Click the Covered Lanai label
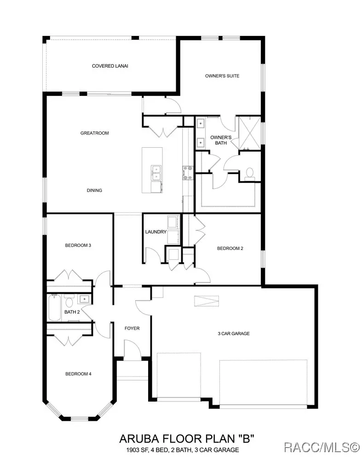[109, 66]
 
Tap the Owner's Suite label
[222, 76]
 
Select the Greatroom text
[94, 133]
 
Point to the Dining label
[94, 190]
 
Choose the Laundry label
[155, 232]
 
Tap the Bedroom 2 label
[230, 248]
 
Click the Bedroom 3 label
[78, 245]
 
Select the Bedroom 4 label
[78, 374]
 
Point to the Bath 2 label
[72, 312]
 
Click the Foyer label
[132, 328]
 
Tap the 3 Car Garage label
[234, 333]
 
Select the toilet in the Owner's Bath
[250, 173]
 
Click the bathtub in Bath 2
[53, 308]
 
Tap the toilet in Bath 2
[69, 302]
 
